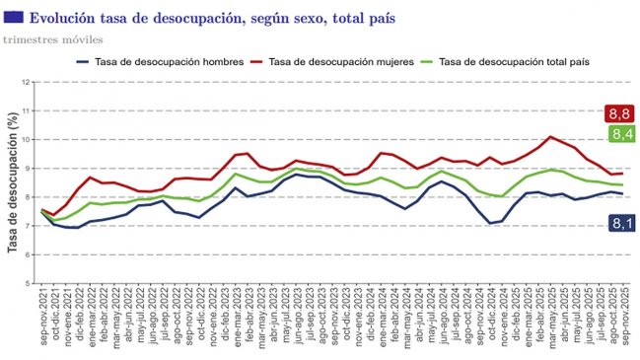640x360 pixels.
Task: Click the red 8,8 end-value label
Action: [x=621, y=113]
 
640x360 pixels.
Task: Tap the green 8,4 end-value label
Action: [x=621, y=134]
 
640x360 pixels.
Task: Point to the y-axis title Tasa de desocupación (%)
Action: [x=14, y=183]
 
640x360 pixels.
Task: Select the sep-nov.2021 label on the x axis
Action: [x=43, y=322]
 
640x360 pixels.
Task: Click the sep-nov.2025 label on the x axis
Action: [x=619, y=322]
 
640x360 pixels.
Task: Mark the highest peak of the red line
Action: [x=550, y=137]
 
